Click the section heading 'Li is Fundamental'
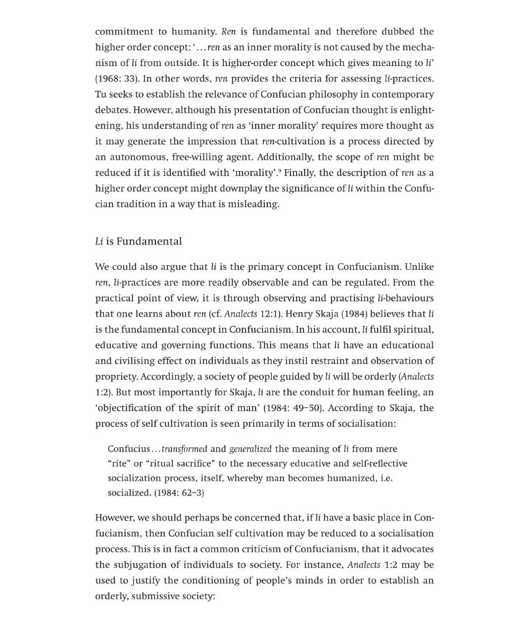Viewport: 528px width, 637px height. point(138,241)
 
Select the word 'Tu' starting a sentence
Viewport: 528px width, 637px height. point(101,95)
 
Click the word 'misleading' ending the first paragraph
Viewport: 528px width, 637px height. point(254,204)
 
